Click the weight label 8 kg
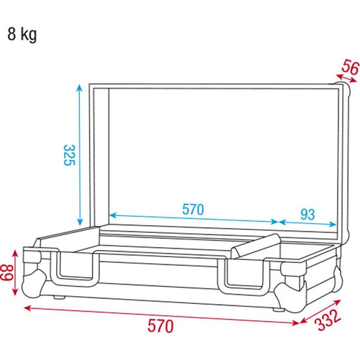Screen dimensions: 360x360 click(22, 34)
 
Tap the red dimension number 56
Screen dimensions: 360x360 click(350, 68)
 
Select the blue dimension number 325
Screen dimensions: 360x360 click(69, 155)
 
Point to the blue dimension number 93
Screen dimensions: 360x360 click(307, 214)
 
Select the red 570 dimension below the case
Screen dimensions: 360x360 click(160, 325)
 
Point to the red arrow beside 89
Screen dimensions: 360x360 click(16, 273)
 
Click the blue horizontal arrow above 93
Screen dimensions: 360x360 click(308, 223)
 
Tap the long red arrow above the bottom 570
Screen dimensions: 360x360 click(161, 315)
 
